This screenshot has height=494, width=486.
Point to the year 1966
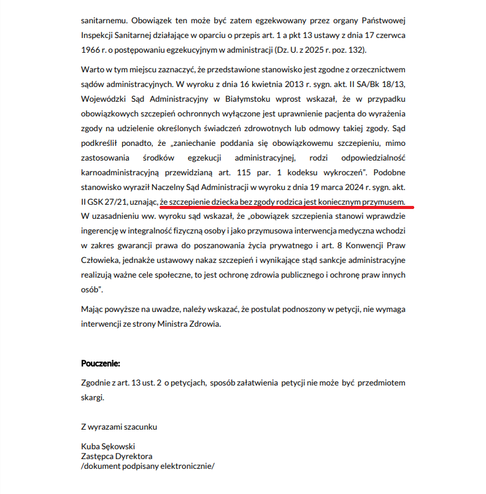coord(90,49)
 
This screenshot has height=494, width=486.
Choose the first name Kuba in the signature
coord(90,446)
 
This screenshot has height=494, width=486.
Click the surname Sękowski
coord(118,446)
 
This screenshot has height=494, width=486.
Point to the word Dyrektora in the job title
coord(135,456)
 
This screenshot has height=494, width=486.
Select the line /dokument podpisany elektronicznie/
coord(148,466)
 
